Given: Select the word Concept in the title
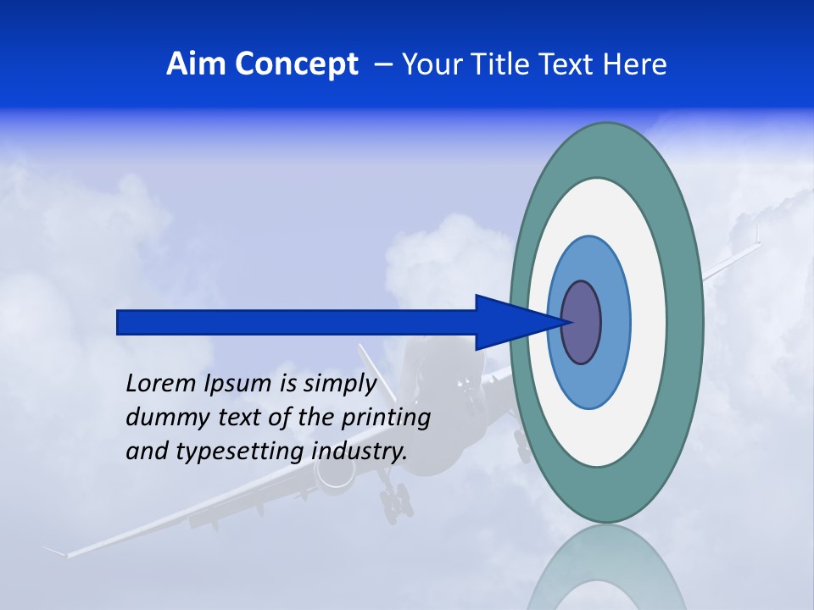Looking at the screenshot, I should pos(296,64).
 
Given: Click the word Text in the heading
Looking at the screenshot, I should pos(569,64).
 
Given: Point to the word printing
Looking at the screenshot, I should pos(386,419).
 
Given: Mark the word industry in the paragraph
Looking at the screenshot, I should pos(359,452).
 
